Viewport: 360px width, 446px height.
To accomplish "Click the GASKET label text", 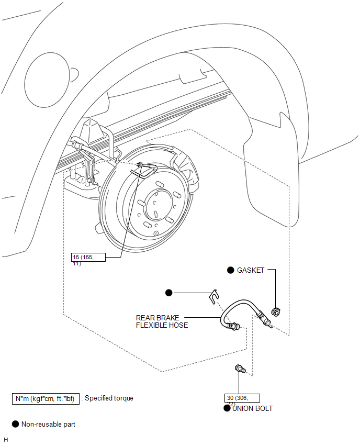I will [x=251, y=270].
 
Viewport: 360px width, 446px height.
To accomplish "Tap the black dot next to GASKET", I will [x=230, y=270].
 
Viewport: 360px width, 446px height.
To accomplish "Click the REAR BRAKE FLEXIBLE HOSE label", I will [x=162, y=321].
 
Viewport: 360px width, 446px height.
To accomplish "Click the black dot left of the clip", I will [x=168, y=293].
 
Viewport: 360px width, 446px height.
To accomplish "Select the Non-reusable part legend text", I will [x=48, y=424].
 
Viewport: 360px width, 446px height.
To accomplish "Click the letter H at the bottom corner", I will [x=6, y=440].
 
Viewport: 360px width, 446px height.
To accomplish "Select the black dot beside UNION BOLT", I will [x=227, y=408].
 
